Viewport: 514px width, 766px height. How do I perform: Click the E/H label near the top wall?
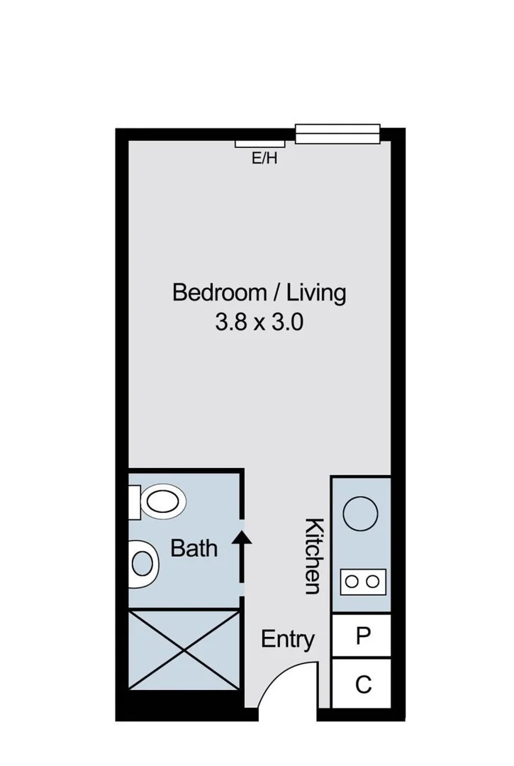(x=264, y=159)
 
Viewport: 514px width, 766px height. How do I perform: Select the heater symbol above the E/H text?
(x=255, y=144)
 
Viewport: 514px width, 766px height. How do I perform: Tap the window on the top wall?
(x=337, y=133)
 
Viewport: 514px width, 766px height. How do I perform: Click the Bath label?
(x=194, y=548)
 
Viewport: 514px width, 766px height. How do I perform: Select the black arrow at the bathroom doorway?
(x=242, y=547)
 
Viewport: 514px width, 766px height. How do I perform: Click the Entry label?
(x=288, y=639)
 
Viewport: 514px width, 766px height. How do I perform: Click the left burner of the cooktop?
(x=352, y=582)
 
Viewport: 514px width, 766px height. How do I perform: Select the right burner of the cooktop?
(x=372, y=582)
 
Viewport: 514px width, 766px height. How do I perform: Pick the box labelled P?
(x=362, y=636)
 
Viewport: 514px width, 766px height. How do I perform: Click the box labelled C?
(x=362, y=684)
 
